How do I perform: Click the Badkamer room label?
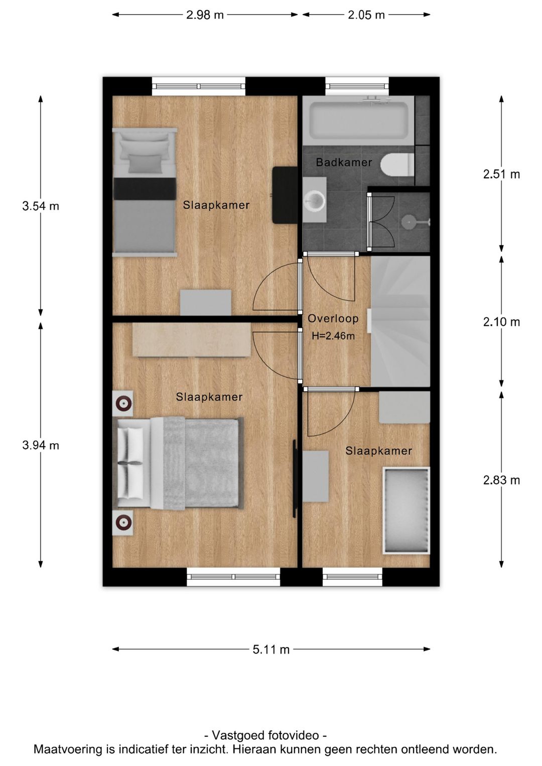344,162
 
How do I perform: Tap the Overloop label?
333,318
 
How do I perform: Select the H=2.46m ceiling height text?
333,336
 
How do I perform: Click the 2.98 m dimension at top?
205,15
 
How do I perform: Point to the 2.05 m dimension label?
366,15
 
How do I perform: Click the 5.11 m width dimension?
271,650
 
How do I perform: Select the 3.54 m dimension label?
41,206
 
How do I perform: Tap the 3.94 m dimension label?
41,445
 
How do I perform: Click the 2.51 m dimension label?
501,174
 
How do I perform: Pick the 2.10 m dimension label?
501,322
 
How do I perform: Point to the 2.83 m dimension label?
501,480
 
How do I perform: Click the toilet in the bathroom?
396,165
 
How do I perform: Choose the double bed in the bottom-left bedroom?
178,463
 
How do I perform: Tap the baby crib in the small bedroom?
406,510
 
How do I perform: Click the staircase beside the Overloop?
400,321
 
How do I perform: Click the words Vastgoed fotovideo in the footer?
265,735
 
